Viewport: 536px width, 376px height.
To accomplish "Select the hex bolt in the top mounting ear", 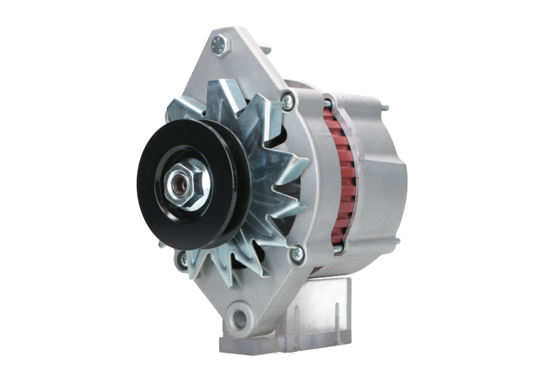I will pyautogui.click(x=220, y=45).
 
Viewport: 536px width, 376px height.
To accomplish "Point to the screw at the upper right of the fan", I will pyautogui.click(x=286, y=101).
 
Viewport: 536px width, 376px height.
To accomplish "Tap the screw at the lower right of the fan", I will pyautogui.click(x=296, y=253).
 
